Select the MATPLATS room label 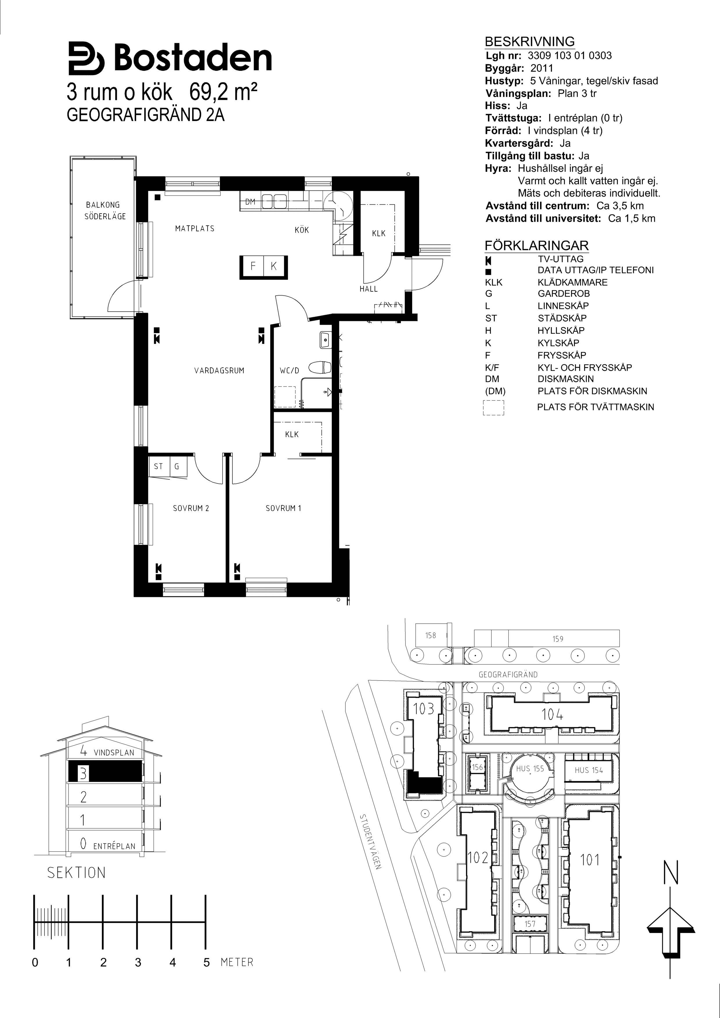click(195, 229)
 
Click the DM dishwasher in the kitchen click(250, 202)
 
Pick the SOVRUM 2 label click(191, 508)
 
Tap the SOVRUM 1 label click(283, 508)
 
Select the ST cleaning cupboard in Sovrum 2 click(159, 466)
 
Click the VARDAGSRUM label click(219, 371)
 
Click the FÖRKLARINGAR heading click(537, 246)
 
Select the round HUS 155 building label click(530, 769)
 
